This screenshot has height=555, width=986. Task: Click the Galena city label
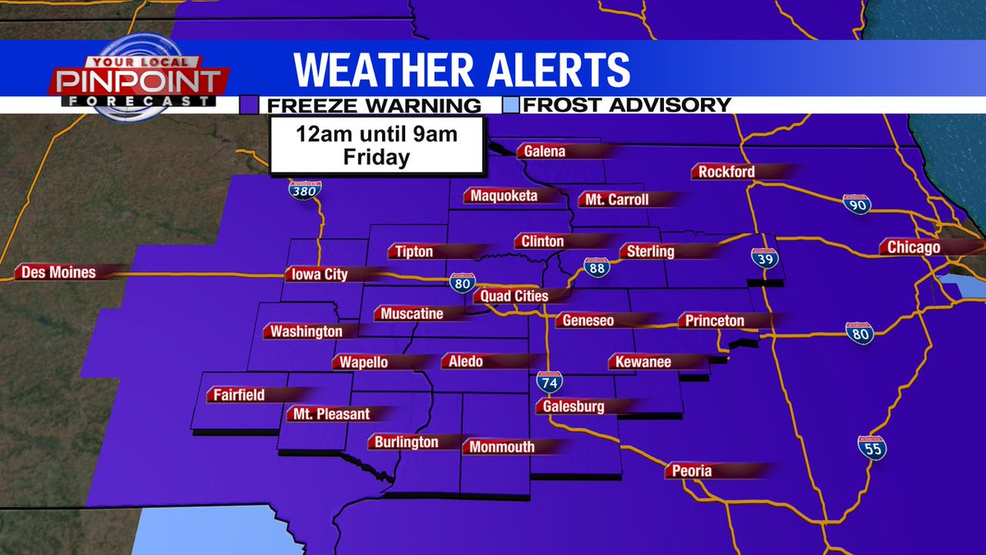541,151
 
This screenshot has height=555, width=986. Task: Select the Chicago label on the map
913,247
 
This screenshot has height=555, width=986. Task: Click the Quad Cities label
514,296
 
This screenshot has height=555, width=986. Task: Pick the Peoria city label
690,471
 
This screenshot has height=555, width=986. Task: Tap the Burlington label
407,442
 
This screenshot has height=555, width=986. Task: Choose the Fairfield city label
239,395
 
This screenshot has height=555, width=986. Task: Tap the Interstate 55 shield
873,449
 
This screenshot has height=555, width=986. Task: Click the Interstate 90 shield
855,206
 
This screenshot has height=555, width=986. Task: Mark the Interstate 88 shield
597,268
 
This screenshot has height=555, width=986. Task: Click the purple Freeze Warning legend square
249,105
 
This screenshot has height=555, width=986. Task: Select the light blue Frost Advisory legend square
510,105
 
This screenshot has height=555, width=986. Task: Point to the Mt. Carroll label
616,200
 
